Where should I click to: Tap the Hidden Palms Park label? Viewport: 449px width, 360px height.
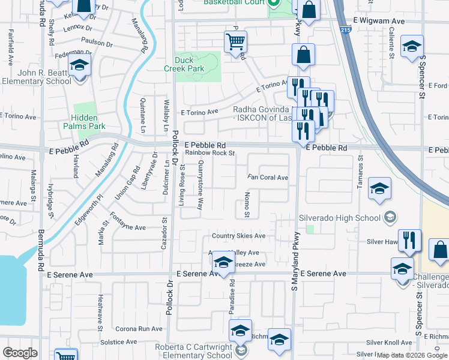[x=85, y=122]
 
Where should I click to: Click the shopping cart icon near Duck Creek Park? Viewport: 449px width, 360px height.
[x=235, y=42]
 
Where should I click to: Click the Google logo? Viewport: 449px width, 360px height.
[x=20, y=353]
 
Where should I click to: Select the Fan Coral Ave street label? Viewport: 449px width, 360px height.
[x=268, y=178]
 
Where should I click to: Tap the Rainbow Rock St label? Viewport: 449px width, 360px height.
[x=209, y=153]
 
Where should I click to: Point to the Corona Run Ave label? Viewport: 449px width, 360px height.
[x=139, y=329]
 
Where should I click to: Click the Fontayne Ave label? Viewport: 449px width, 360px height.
[x=127, y=227]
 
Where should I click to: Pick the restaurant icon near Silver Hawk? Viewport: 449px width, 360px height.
[x=409, y=240]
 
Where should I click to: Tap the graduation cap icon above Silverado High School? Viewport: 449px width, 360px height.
[x=379, y=188]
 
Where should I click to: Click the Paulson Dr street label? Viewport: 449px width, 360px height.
[x=96, y=43]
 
